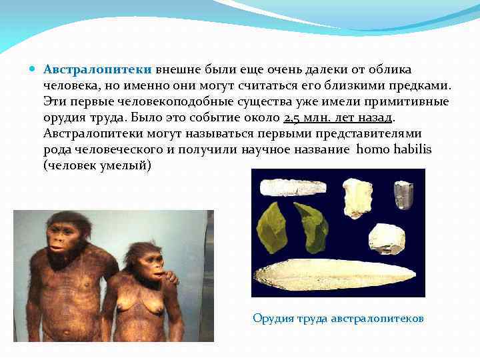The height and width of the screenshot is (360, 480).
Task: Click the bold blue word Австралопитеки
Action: (98, 70)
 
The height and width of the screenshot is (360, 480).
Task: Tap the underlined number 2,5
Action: (293, 118)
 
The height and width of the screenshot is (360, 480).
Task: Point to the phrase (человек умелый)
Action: (97, 165)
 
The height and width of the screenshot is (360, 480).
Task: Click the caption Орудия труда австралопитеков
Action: (338, 318)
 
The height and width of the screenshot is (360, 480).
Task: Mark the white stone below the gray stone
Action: (387, 238)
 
